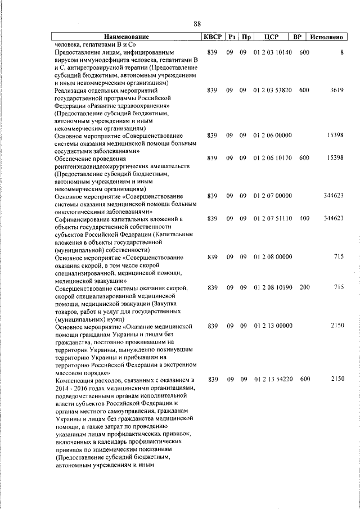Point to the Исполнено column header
[327, 37]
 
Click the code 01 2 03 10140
[272, 53]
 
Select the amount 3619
[337, 90]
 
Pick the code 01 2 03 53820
[272, 90]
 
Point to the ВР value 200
[304, 287]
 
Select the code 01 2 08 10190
[272, 287]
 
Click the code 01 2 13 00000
[272, 326]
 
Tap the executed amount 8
[341, 53]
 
